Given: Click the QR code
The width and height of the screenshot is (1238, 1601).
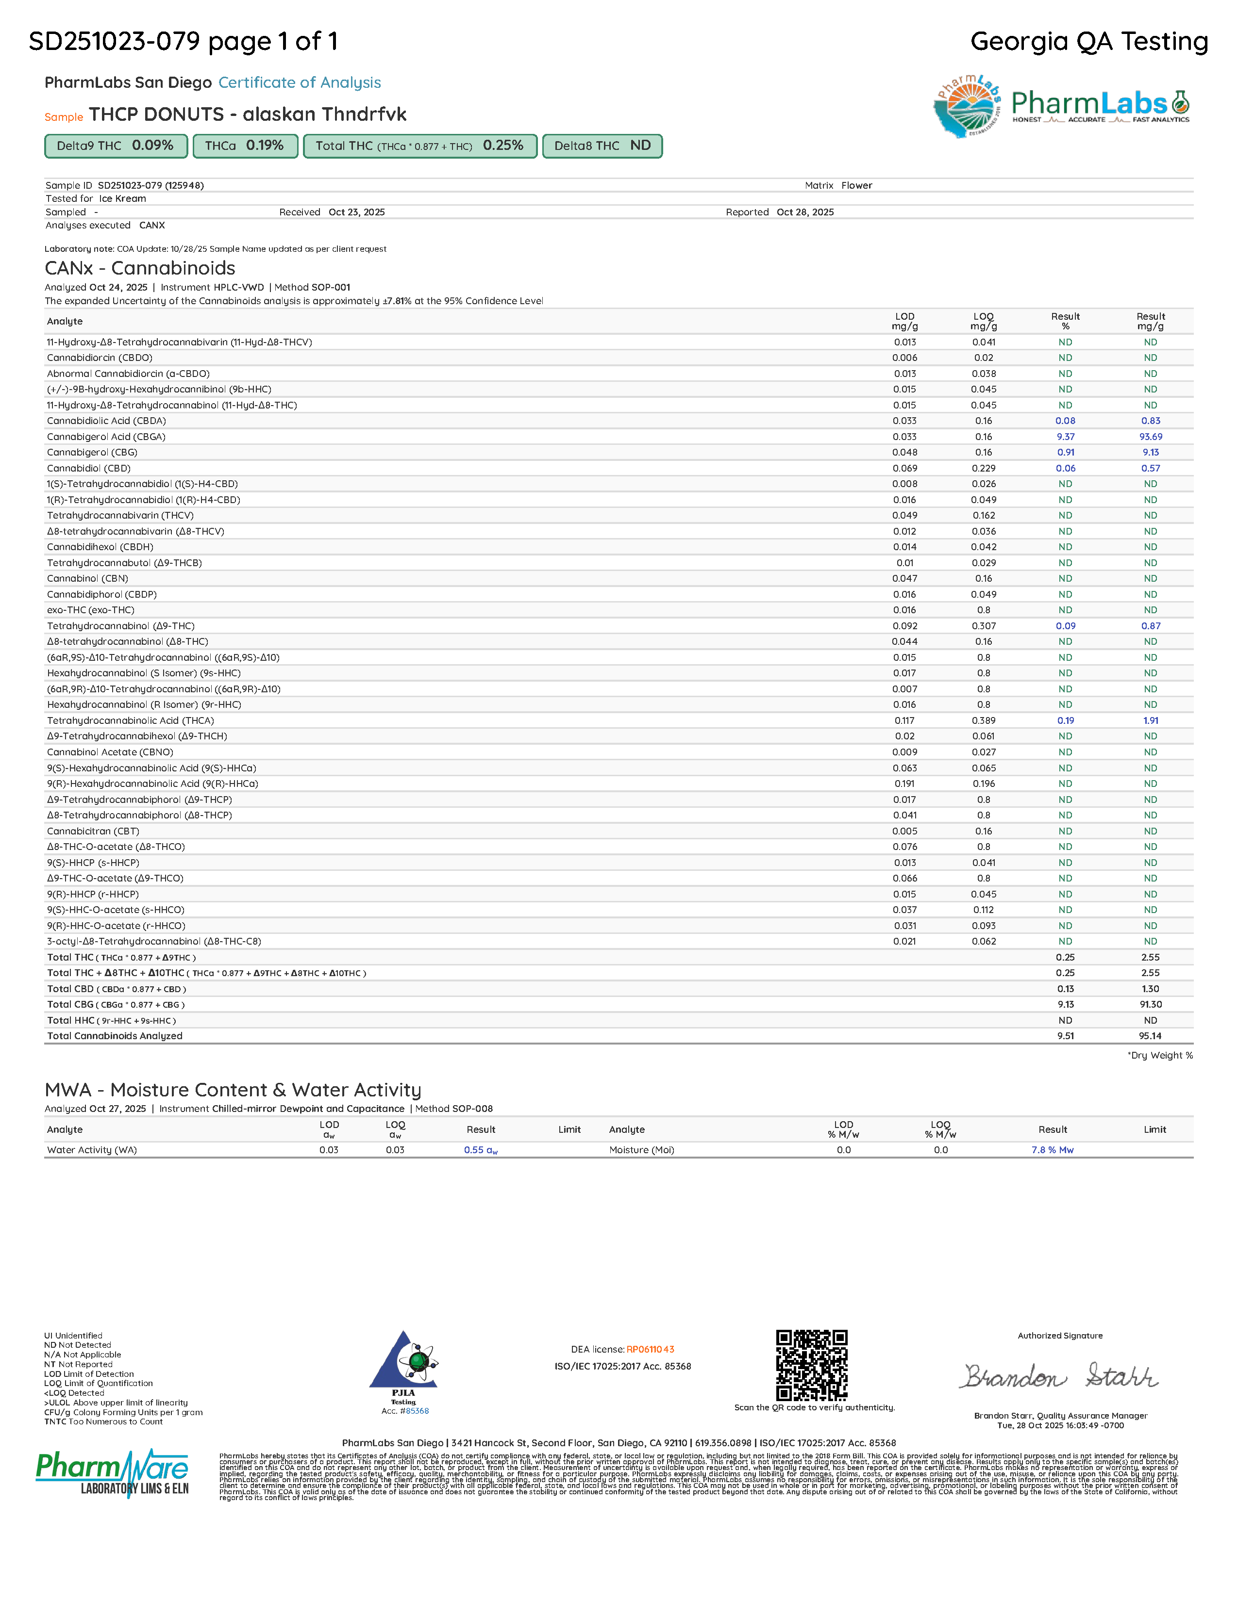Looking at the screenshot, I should tap(812, 1365).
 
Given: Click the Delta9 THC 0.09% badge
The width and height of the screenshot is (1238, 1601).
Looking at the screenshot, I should tap(116, 146).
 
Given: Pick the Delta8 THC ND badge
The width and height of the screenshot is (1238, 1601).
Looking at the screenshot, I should tap(602, 146).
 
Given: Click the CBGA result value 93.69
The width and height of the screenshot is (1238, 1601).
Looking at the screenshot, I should tap(1150, 437).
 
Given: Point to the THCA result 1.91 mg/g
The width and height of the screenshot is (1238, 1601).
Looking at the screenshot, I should tap(1150, 720).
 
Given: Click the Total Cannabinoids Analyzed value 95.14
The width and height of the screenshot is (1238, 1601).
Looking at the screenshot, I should tap(1150, 1036).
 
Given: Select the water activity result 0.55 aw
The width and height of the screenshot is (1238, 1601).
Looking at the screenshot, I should tap(480, 1150).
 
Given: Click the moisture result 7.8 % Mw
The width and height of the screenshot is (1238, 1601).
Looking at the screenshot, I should tap(1052, 1150).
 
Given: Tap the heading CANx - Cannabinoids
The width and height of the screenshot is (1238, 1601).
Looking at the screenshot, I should tap(140, 268).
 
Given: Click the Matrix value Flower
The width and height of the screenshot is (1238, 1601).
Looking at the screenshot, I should tap(856, 185).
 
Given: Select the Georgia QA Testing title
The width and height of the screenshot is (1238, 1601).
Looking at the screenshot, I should tap(1088, 42).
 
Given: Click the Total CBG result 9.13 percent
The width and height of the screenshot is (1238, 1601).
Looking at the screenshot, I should tap(1065, 1004).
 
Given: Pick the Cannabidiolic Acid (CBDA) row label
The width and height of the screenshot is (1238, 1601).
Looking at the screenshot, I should tap(106, 421).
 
